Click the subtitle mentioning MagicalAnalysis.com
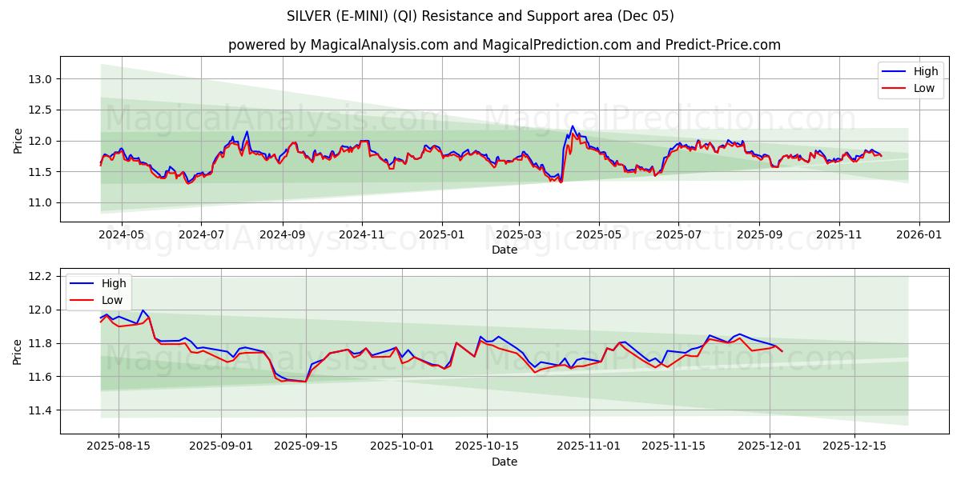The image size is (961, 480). click(x=505, y=45)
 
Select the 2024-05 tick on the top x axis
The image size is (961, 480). click(x=122, y=235)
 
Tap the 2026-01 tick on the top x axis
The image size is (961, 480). click(x=919, y=235)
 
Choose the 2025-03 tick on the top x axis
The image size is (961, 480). click(x=519, y=235)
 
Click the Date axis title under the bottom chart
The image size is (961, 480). click(x=505, y=462)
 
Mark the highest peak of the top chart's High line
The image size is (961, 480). click(x=572, y=126)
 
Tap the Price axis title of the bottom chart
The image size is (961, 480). click(x=18, y=350)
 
